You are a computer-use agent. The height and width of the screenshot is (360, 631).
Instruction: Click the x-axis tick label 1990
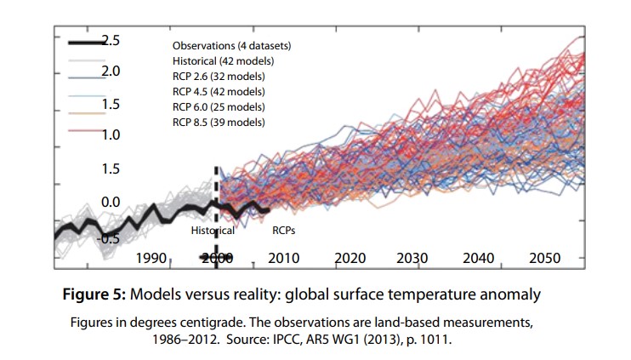click(x=150, y=258)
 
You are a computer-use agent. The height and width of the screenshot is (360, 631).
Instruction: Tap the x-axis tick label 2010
click(x=285, y=258)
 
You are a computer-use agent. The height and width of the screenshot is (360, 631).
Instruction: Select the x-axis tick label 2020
click(x=350, y=258)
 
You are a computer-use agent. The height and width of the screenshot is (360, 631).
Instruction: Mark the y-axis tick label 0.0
click(x=111, y=203)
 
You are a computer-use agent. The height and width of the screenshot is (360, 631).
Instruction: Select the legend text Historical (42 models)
click(x=223, y=61)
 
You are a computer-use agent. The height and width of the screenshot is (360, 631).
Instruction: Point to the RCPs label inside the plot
click(x=284, y=230)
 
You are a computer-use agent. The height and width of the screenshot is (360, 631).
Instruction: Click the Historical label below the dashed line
click(x=212, y=230)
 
